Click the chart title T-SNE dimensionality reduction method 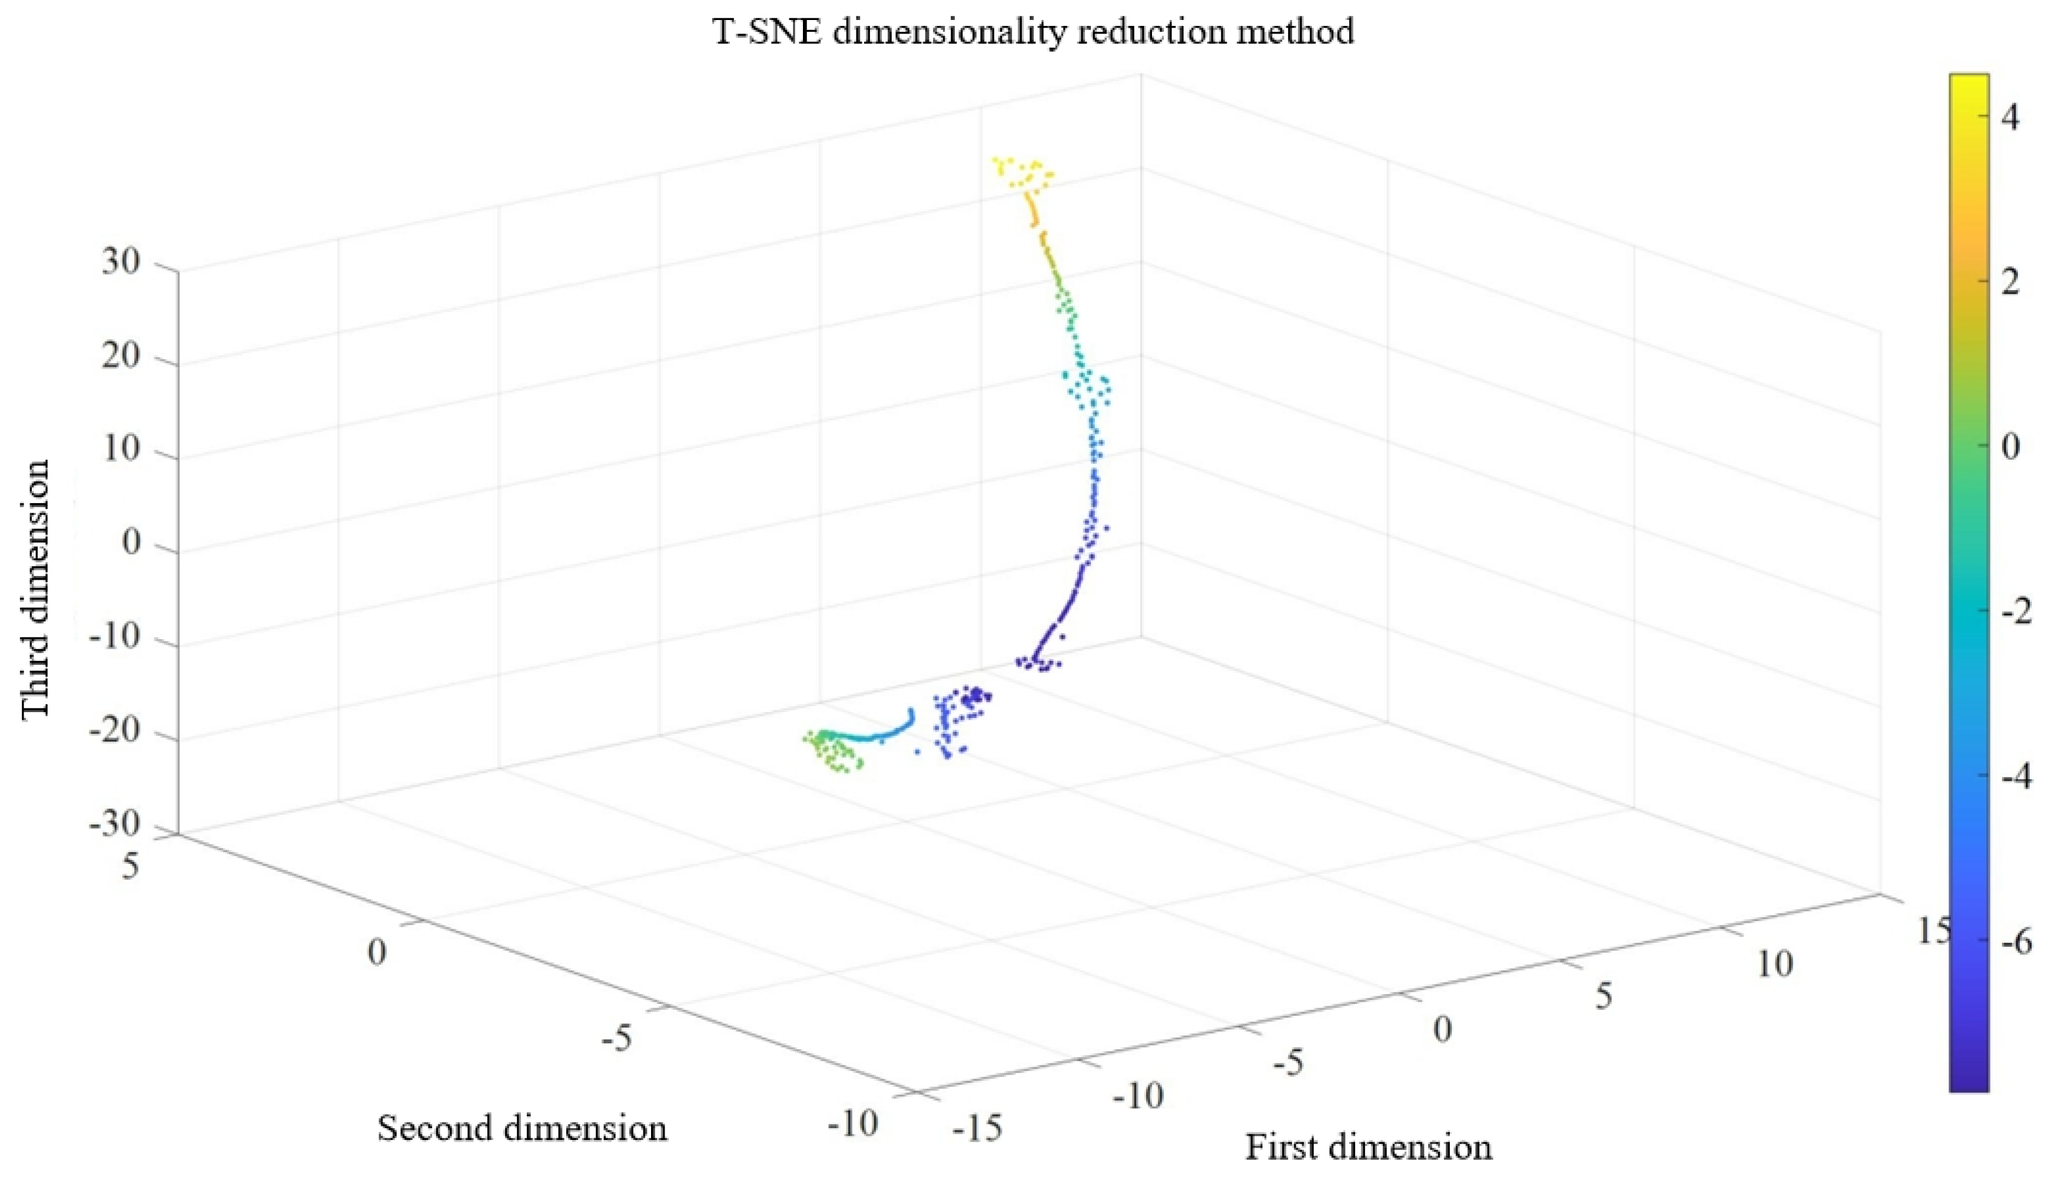pos(1033,32)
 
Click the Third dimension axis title pos(35,588)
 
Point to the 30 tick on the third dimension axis pos(121,262)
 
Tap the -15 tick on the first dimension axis pos(977,1129)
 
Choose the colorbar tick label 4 pos(2010,117)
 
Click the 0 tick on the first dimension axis pos(1442,1030)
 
